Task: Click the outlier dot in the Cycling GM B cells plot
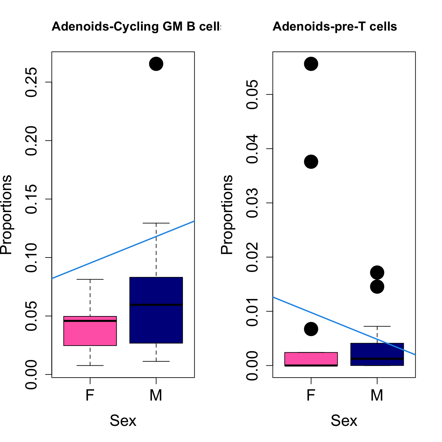(156, 64)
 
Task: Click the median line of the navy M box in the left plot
(156, 305)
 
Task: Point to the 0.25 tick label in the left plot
(32, 82)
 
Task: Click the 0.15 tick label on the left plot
(32, 199)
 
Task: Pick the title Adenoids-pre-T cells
(335, 26)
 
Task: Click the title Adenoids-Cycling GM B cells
(136, 26)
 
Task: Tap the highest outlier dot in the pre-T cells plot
(311, 64)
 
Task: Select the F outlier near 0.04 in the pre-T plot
(311, 162)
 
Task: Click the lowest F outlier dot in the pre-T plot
(311, 329)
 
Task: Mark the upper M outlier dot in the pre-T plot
(377, 272)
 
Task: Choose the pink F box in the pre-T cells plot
(311, 358)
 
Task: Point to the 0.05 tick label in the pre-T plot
(253, 95)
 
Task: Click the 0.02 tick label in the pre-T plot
(253, 257)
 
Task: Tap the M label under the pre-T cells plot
(377, 395)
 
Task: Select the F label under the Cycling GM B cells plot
(90, 395)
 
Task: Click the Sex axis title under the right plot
(344, 421)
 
